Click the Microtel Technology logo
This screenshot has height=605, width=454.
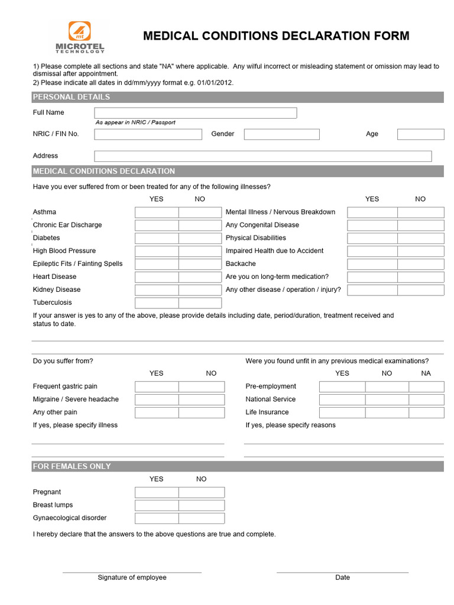point(80,37)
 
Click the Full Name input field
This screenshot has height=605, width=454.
point(195,113)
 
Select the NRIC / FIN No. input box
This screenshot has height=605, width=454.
point(148,134)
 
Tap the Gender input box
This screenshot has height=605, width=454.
point(281,134)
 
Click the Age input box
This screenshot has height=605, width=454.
point(420,134)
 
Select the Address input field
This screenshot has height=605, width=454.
point(262,156)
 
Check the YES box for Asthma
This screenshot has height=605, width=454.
point(157,212)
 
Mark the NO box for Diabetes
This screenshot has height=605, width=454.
point(200,238)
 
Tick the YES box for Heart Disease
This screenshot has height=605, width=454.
point(157,277)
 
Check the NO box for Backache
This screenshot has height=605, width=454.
point(420,264)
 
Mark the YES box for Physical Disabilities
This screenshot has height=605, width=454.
point(372,238)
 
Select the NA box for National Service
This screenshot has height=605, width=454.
point(426,399)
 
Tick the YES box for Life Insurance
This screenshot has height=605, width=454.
point(342,412)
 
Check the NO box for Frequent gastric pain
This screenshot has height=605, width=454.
point(202,386)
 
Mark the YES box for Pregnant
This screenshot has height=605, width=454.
point(157,492)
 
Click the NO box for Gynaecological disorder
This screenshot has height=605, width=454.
point(202,518)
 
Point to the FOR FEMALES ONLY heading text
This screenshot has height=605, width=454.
point(72,466)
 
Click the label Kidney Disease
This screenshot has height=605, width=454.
point(57,290)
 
